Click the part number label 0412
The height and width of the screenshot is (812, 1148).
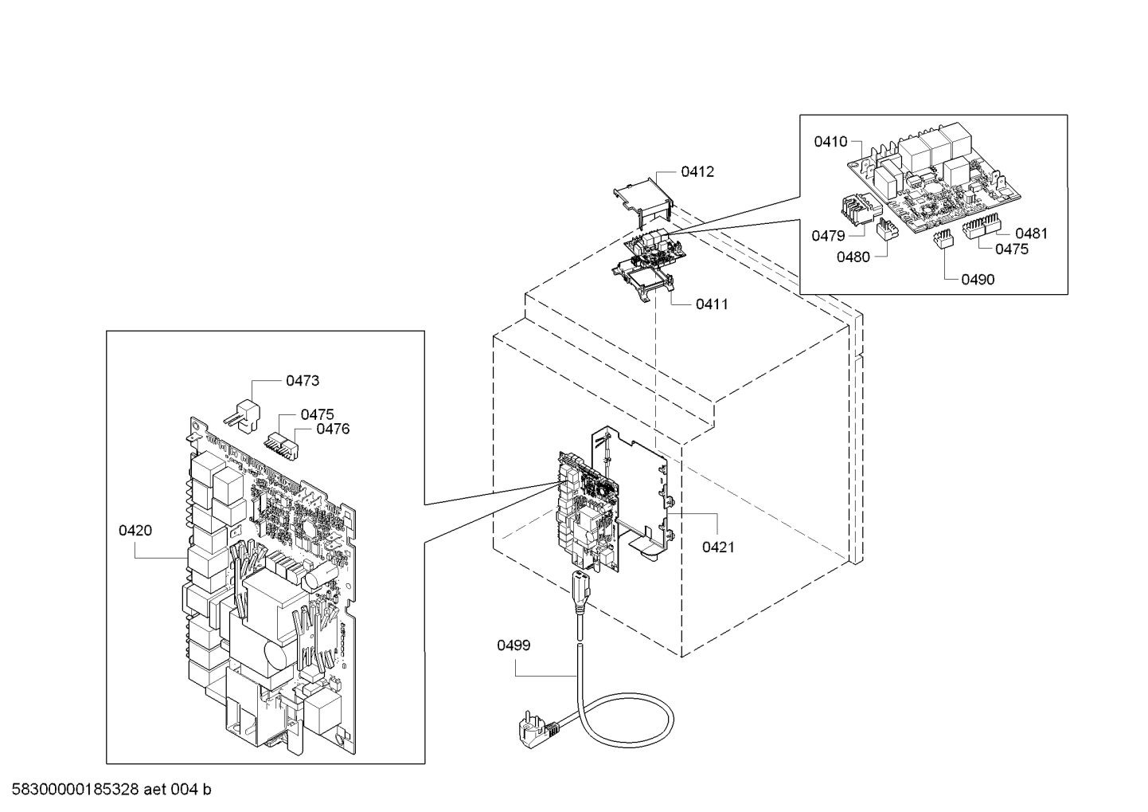pos(697,171)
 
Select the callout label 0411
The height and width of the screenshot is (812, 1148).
pos(712,304)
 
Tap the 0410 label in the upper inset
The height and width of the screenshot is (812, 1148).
pos(830,142)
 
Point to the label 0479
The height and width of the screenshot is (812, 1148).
pos(828,235)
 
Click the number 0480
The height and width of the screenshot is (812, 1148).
pos(853,257)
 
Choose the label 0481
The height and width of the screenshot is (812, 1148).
pos(1031,233)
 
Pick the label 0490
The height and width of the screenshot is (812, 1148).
pos(978,280)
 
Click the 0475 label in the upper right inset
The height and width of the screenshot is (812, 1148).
pos(1012,249)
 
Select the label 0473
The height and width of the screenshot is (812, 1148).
pos(303,381)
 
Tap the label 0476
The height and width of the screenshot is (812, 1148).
pos(333,430)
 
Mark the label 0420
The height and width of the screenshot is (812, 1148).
pos(135,531)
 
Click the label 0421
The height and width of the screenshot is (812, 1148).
pos(718,547)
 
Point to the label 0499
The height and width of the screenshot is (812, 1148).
pos(513,645)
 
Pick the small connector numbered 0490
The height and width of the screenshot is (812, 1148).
pos(943,241)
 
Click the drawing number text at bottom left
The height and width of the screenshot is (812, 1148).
pos(107,790)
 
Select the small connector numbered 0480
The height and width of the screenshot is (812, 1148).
pos(885,229)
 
